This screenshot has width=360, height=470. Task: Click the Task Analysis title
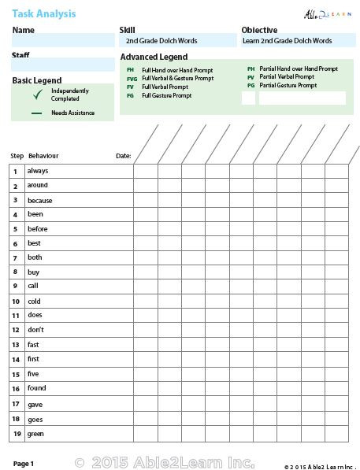pyautogui.click(x=43, y=13)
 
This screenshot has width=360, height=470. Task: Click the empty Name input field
pyautogui.click(x=63, y=41)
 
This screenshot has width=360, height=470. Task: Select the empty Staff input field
pyautogui.click(x=63, y=65)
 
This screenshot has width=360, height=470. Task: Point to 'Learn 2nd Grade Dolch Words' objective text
pyautogui.click(x=287, y=41)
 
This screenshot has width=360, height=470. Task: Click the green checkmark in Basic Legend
pyautogui.click(x=37, y=95)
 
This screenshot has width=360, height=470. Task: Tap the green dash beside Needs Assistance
pyautogui.click(x=36, y=113)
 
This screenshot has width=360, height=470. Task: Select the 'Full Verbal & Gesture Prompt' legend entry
pyautogui.click(x=177, y=79)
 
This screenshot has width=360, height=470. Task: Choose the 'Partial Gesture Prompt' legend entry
pyautogui.click(x=288, y=85)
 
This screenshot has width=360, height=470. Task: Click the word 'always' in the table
pyautogui.click(x=38, y=171)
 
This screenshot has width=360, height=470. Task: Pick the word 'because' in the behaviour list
pyautogui.click(x=39, y=201)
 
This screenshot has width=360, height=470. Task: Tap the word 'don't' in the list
pyautogui.click(x=35, y=329)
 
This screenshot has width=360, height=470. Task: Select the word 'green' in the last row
pyautogui.click(x=36, y=434)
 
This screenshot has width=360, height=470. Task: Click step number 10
pyautogui.click(x=15, y=302)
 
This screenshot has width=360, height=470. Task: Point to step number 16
pyautogui.click(x=15, y=389)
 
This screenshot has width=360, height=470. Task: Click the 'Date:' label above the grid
pyautogui.click(x=123, y=156)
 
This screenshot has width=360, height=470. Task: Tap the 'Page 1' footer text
pyautogui.click(x=23, y=464)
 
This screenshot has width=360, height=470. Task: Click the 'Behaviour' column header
pyautogui.click(x=43, y=156)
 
